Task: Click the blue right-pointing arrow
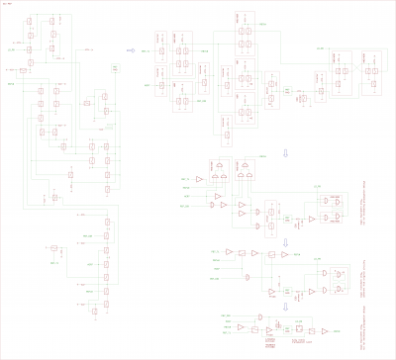pos(130,46)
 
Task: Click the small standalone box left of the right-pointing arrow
pos(115,67)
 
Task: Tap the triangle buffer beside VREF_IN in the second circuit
pos(199,178)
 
